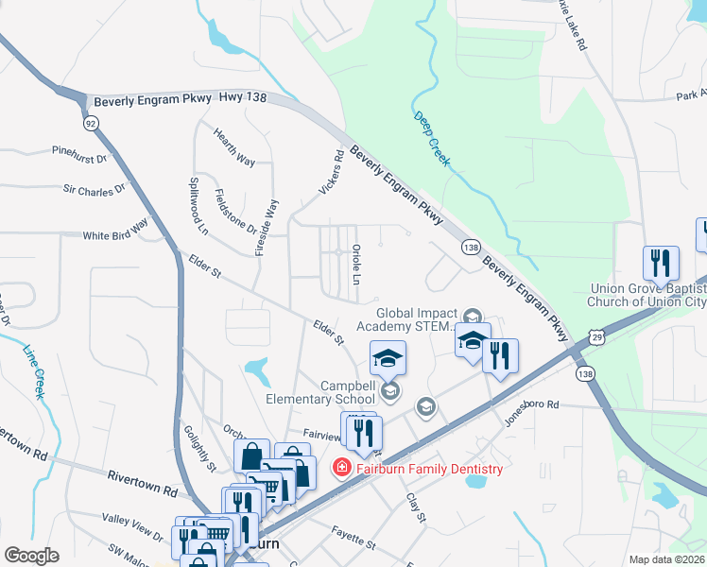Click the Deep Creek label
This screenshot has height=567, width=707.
click(x=432, y=140)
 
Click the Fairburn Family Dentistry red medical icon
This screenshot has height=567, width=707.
click(x=339, y=468)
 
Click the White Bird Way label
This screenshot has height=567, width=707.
click(x=115, y=231)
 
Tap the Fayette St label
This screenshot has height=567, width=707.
click(x=353, y=538)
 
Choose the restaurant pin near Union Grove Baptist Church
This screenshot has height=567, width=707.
click(x=660, y=262)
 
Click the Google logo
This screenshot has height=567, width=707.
click(x=31, y=556)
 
